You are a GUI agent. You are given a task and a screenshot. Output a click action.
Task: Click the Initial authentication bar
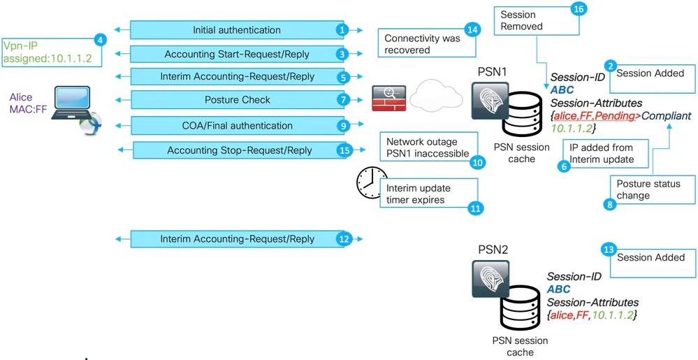point(236,30)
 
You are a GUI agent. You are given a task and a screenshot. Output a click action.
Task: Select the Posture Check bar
point(236,100)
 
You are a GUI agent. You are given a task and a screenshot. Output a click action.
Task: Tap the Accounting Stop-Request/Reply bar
point(239,150)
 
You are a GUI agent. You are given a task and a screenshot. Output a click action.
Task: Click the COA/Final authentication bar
point(236,126)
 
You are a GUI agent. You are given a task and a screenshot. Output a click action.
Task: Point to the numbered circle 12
point(342,239)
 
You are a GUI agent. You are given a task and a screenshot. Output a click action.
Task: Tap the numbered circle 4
point(101,39)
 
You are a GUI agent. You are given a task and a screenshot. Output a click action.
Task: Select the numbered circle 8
point(609,204)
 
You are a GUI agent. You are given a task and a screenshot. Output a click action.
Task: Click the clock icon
point(371,182)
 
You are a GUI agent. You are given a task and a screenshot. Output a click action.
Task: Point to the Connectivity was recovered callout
point(423,44)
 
